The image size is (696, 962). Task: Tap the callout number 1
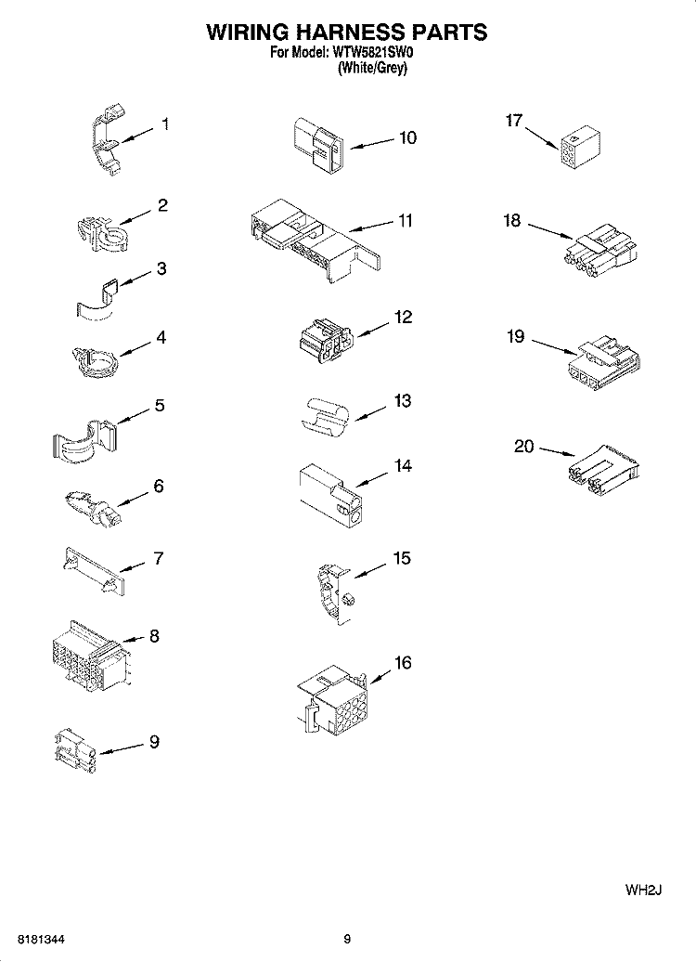(x=165, y=123)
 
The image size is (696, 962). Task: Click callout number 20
(x=524, y=447)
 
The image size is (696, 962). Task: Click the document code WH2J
(x=641, y=890)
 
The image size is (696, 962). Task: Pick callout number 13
(x=402, y=401)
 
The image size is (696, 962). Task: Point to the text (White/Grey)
(x=372, y=68)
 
